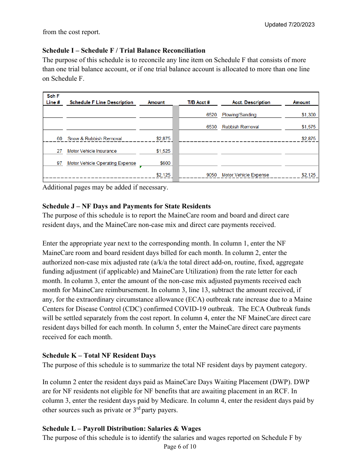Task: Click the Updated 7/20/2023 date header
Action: point(290,25)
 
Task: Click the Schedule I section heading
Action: point(124,50)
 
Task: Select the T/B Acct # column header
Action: point(199,102)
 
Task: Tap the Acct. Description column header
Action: point(251,102)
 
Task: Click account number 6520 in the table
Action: point(211,115)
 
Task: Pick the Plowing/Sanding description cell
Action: point(239,115)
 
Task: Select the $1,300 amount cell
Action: point(308,115)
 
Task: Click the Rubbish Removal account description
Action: point(240,127)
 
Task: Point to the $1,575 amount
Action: point(308,127)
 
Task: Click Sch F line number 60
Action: point(59,139)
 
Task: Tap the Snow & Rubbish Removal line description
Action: point(95,139)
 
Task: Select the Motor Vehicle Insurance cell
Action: point(92,151)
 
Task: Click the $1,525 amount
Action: point(163,151)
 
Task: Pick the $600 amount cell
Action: point(165,163)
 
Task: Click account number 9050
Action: point(211,175)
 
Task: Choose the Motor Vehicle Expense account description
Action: point(245,175)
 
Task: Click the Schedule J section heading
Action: point(126,206)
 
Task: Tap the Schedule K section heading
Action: point(99,355)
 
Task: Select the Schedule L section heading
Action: point(121,428)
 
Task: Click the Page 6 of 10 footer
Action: point(180,447)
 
